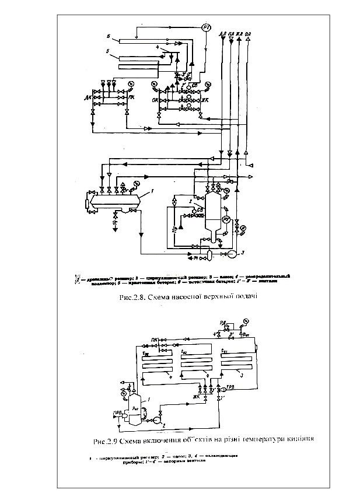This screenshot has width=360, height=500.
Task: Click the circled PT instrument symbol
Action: coord(207,27)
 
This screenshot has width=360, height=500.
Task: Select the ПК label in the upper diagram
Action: coord(132,97)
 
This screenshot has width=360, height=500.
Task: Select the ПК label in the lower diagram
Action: coord(155,339)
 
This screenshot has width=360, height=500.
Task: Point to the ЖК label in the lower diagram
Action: coord(197,397)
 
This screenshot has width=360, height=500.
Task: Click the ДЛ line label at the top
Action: coord(222,33)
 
